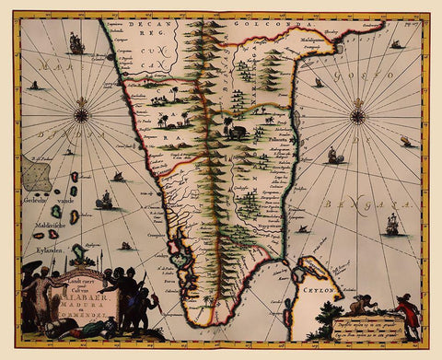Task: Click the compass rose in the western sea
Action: (x=82, y=115)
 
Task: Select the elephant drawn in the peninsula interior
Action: (x=238, y=132)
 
